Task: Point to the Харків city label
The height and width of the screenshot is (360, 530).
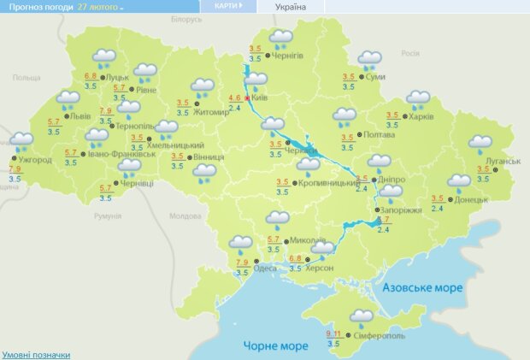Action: pyautogui.click(x=422, y=116)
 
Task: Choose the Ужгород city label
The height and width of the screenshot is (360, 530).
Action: pyautogui.click(x=35, y=160)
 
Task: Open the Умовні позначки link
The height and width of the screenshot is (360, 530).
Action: pyautogui.click(x=36, y=354)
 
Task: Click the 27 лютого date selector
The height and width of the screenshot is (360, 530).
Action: pyautogui.click(x=99, y=6)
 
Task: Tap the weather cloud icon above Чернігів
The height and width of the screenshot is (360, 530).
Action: pyautogui.click(x=280, y=38)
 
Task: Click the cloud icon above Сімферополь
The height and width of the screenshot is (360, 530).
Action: pyautogui.click(x=362, y=317)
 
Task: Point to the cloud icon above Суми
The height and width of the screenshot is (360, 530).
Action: pyautogui.click(x=370, y=59)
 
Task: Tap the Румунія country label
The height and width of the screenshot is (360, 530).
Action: pyautogui.click(x=108, y=217)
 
